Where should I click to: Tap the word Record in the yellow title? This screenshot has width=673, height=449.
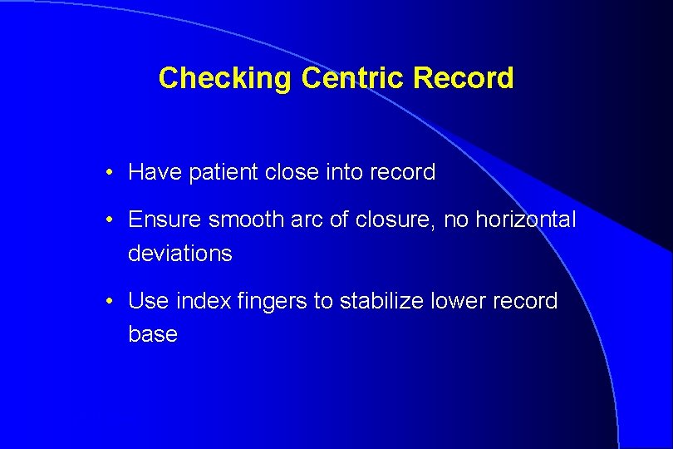point(463,78)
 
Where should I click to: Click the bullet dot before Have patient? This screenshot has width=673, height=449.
point(110,173)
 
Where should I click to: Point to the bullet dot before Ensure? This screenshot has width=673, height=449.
point(110,220)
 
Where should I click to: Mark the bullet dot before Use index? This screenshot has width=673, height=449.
point(110,302)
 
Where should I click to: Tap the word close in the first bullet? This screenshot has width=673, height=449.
point(291,172)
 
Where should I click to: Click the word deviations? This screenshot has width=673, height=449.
point(179,254)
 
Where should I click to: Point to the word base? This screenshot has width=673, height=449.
point(153,334)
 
